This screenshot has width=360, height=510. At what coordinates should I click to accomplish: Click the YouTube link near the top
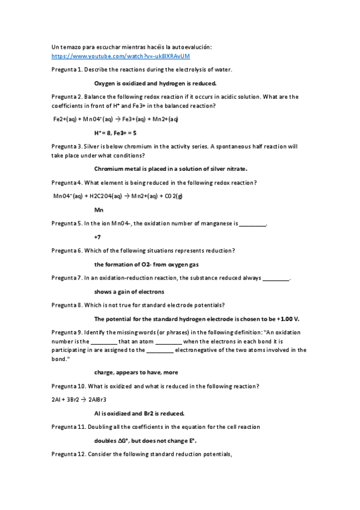tap(120, 56)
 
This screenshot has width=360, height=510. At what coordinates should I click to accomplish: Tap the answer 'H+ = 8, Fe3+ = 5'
tap(115, 133)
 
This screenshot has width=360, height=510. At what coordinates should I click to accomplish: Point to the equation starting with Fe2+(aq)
tap(115, 119)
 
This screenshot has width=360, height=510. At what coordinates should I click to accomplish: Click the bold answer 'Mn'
tap(99, 210)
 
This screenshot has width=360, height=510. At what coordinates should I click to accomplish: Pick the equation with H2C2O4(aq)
tap(118, 196)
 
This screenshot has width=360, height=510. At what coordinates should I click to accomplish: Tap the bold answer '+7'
tap(98, 237)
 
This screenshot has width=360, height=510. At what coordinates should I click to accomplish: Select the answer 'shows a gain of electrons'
tap(129, 292)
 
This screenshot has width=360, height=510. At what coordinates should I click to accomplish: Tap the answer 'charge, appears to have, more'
tap(136, 372)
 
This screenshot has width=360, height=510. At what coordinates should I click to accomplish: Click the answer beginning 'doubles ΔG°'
tap(145, 440)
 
